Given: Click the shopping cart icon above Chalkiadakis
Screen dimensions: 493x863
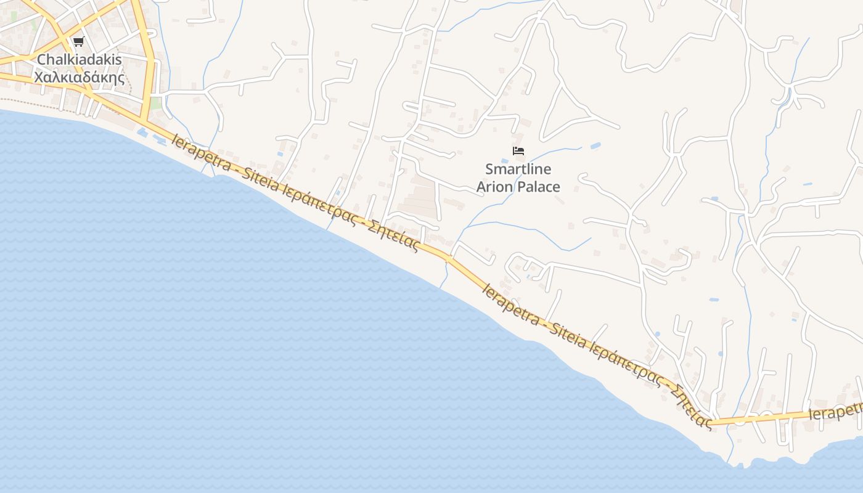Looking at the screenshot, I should coord(78,42).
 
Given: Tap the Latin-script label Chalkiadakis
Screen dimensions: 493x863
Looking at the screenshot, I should coord(80,60).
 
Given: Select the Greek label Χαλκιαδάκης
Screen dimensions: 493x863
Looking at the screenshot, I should coord(80,78).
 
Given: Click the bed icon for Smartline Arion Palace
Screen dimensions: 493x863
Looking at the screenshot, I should coord(518,150).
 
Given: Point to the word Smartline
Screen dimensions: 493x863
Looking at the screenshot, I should coord(518,169).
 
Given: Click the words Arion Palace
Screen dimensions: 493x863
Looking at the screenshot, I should coord(518,187).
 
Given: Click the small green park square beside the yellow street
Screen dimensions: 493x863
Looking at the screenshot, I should coord(156,103).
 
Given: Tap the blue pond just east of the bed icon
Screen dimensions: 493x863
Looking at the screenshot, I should coord(595,146).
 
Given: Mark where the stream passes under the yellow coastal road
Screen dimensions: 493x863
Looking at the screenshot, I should coord(448,258).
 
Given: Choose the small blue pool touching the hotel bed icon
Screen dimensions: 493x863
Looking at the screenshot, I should coord(505,160).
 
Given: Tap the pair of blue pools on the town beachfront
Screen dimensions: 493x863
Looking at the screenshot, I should coord(150,136).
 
